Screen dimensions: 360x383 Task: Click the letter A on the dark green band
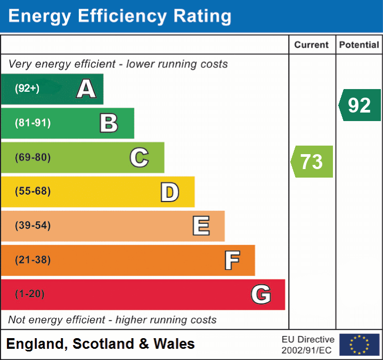86,89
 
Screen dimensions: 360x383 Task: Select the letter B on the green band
109,123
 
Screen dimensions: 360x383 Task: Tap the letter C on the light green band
139,157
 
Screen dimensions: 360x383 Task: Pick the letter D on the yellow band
170,192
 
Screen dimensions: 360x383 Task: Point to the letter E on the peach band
201,226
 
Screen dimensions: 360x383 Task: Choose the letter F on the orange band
232,260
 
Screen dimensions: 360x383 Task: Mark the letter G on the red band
261,294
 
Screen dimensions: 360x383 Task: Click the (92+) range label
27,89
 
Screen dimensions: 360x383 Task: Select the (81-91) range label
33,123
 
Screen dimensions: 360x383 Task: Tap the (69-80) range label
33,157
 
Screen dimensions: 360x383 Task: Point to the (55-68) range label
33,191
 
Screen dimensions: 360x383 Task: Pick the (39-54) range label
33,226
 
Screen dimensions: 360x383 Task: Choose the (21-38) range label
33,260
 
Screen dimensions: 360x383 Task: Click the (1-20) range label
30,294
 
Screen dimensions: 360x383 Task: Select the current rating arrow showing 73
312,162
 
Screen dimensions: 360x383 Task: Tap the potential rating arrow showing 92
360,105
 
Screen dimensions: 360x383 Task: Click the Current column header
312,45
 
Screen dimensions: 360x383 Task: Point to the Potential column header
359,45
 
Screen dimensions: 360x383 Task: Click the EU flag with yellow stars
359,345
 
